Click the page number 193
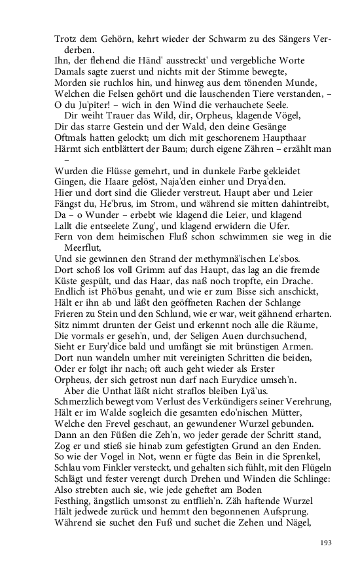click(326, 543)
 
